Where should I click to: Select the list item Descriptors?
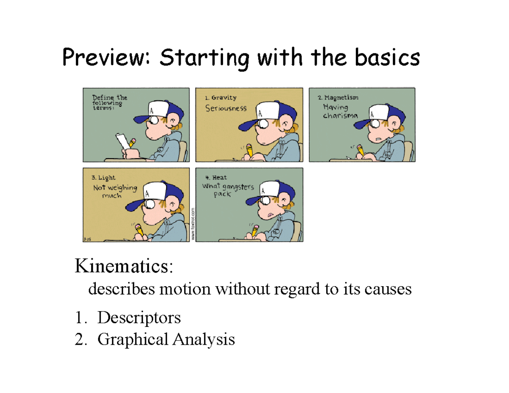coord(139,317)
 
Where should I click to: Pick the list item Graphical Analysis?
coord(165,339)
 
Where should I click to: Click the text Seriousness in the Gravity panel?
coord(226,109)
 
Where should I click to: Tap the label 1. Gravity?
coord(218,98)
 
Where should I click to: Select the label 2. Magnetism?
coord(338,98)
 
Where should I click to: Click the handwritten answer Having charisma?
coord(339,111)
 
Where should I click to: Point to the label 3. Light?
coord(103,177)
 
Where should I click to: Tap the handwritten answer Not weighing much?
coord(115,191)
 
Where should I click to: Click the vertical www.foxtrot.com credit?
coord(192,225)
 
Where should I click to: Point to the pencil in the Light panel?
coord(139,229)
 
